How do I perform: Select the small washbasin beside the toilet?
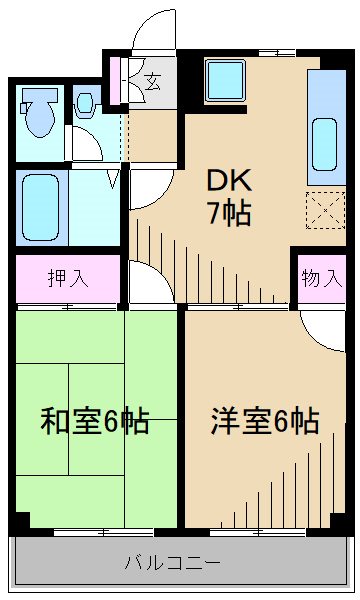[85, 102]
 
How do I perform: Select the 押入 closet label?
[67, 278]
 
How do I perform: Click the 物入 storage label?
[321, 278]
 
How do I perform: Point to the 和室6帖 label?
[94, 421]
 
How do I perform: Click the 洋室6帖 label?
[264, 421]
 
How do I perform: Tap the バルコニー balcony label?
[172, 562]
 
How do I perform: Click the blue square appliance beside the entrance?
[221, 80]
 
